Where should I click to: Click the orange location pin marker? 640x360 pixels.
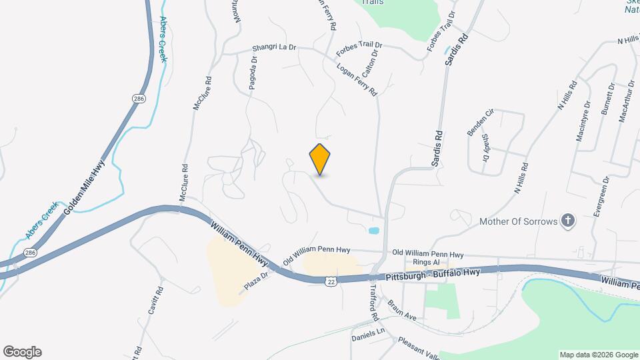pos(320,159)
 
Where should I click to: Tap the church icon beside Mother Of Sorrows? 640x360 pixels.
pos(567,221)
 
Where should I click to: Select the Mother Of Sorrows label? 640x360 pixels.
pos(518,221)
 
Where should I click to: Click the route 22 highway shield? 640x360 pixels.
pos(330,282)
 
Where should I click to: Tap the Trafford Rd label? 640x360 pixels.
pos(374,299)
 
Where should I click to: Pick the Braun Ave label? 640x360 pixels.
pos(402,309)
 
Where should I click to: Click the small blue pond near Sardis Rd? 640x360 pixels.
pos(374,231)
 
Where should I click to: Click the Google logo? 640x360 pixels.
pos(21,352)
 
